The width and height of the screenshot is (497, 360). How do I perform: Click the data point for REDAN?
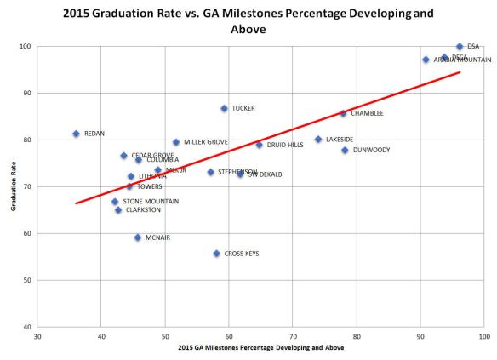[x=76, y=134]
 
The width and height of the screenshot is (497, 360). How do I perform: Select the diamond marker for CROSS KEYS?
[x=216, y=254]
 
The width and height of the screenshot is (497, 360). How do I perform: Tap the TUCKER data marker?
[x=224, y=109]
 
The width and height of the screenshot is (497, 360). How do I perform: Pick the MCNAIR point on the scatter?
[x=137, y=237]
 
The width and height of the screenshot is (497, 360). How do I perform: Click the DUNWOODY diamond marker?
[x=345, y=150]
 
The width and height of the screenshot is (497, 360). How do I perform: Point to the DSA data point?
[x=460, y=47]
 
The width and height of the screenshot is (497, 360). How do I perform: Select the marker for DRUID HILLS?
[x=259, y=145]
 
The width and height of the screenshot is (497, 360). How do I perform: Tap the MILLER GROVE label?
[x=205, y=142]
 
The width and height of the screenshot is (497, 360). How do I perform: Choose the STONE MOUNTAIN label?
[x=151, y=202]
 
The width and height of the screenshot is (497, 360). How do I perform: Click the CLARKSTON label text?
[x=142, y=210]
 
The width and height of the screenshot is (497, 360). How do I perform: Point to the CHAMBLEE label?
[x=367, y=113]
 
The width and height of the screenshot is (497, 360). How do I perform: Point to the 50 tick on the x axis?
[x=165, y=335]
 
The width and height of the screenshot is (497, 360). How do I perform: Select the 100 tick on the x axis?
[x=483, y=335]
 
